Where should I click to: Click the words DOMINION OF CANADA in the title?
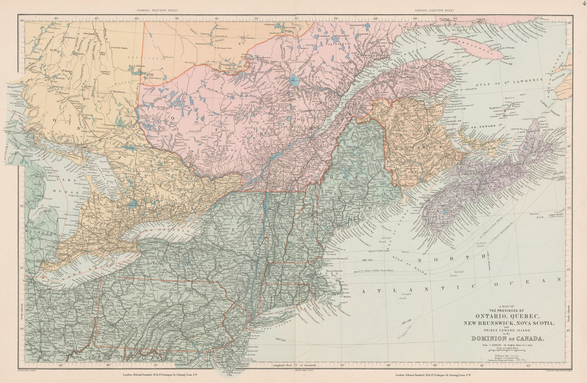pyautogui.click(x=513, y=339)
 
